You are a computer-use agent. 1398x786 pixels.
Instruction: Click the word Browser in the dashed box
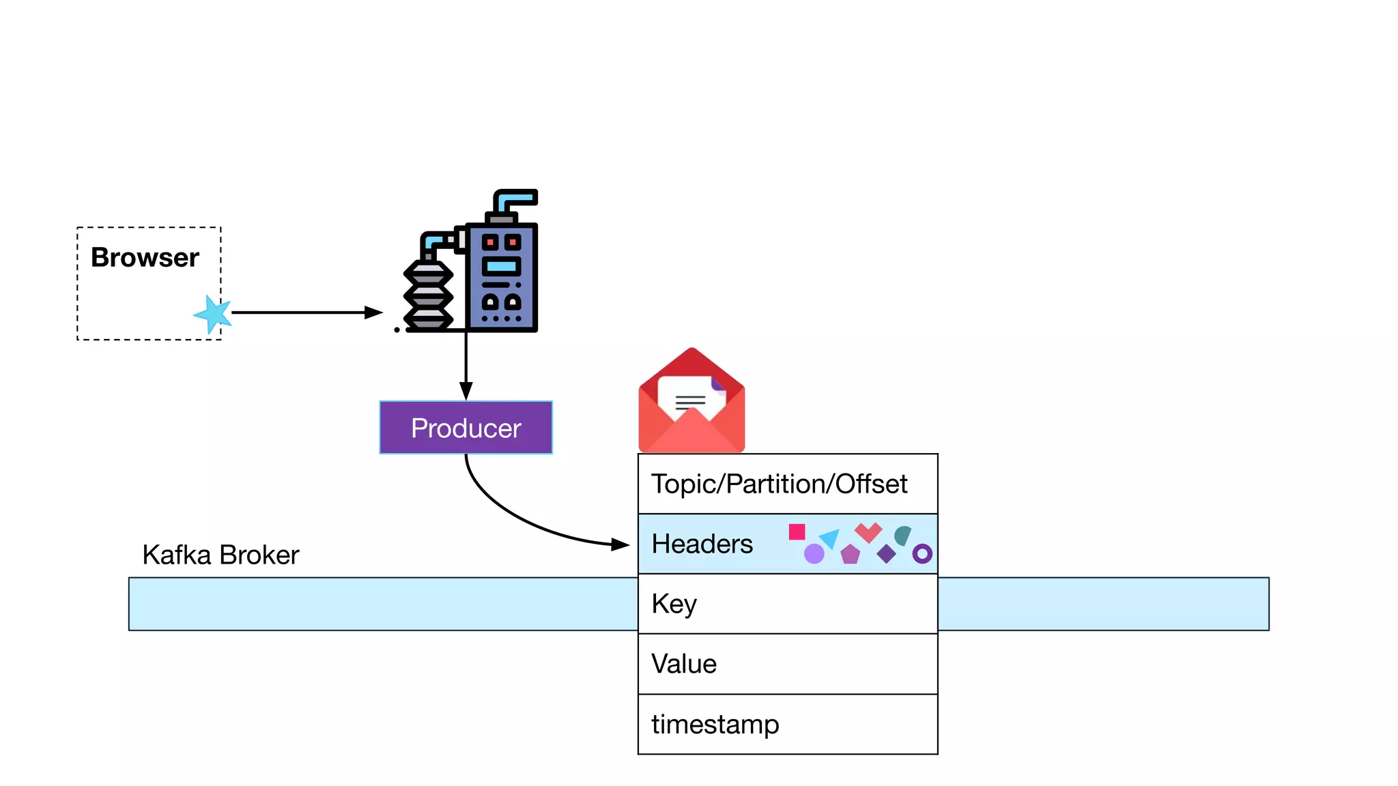point(145,258)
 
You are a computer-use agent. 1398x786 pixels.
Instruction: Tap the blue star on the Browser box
point(214,314)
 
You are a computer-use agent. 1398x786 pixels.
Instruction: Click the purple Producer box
point(466,428)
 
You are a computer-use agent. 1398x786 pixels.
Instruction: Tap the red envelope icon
point(691,403)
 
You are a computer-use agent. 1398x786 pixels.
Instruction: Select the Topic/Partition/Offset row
point(787,484)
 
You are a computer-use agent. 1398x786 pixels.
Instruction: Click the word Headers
point(702,544)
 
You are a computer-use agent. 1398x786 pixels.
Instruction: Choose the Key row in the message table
point(787,604)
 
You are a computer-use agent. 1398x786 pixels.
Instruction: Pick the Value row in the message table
point(787,664)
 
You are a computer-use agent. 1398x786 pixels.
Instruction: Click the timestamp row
point(787,724)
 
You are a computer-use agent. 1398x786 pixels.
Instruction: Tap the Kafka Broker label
point(220,555)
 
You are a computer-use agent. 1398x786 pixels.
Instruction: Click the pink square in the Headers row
point(797,532)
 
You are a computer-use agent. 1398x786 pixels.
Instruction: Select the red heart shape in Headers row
point(868,532)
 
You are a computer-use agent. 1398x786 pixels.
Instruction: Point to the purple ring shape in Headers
point(922,553)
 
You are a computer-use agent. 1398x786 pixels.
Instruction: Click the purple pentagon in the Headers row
point(851,554)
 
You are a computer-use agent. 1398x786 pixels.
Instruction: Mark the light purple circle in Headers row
point(814,553)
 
